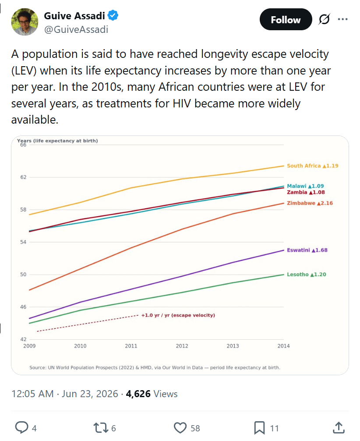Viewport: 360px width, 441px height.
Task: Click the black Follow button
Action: tap(286, 19)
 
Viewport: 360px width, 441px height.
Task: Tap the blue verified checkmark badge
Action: tap(113, 15)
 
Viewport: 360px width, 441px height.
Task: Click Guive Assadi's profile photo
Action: tap(25, 22)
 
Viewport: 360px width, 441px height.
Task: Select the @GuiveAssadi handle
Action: tap(76, 29)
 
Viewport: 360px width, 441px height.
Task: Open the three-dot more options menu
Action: tap(342, 19)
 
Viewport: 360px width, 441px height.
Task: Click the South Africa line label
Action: tap(313, 166)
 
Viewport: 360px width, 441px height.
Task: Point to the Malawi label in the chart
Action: tap(305, 186)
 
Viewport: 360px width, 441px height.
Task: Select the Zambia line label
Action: tap(306, 192)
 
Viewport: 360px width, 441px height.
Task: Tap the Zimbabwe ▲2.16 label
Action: tap(310, 203)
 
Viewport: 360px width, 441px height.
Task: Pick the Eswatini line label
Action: tap(307, 250)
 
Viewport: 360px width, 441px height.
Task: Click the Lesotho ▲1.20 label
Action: tap(306, 274)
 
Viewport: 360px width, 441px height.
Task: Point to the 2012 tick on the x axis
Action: tap(182, 346)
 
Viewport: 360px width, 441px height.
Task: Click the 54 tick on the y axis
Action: tap(23, 242)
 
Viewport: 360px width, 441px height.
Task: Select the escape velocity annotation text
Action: tap(178, 315)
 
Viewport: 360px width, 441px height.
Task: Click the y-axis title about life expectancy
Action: tap(57, 141)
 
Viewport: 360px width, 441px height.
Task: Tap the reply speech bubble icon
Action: tap(21, 427)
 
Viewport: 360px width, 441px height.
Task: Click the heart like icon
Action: tap(180, 428)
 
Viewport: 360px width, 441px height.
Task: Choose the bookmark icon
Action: tap(259, 428)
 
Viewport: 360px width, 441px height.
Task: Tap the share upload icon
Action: tap(339, 427)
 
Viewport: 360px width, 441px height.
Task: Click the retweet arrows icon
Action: tap(101, 428)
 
